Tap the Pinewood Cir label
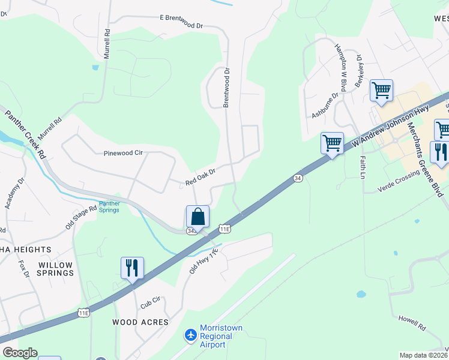pyautogui.click(x=123, y=154)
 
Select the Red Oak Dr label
pyautogui.click(x=200, y=176)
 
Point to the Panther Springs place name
pyautogui.click(x=109, y=207)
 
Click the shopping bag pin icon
pyautogui.click(x=197, y=217)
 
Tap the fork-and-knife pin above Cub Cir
pyautogui.click(x=132, y=268)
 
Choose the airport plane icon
pyautogui.click(x=191, y=334)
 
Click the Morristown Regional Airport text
pyautogui.click(x=221, y=336)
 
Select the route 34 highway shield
pyautogui.click(x=298, y=178)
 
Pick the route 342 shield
pyautogui.click(x=191, y=230)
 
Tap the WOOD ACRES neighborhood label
pyautogui.click(x=140, y=322)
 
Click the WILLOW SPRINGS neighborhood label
pyautogui.click(x=55, y=269)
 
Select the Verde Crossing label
pyautogui.click(x=398, y=183)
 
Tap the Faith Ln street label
pyautogui.click(x=363, y=167)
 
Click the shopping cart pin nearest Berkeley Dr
pyautogui.click(x=381, y=91)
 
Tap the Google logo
pyautogui.click(x=20, y=353)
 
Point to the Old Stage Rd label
pyautogui.click(x=81, y=217)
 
